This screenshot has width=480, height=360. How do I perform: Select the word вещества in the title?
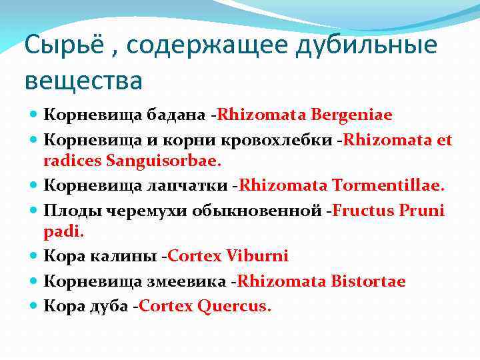[x=83, y=81]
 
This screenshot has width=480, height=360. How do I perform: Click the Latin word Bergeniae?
[x=350, y=115]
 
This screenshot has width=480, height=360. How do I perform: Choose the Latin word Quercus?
[x=234, y=306]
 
